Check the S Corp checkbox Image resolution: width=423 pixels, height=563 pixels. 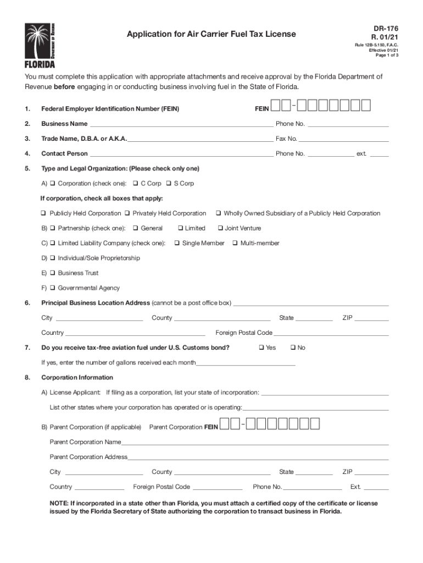pos(169,184)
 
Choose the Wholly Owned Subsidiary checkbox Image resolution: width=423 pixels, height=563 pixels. pos(218,213)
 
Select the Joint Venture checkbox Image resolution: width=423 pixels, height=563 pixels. pos(220,228)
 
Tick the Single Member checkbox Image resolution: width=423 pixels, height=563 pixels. pos(177,243)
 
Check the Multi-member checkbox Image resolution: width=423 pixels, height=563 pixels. pos(235,243)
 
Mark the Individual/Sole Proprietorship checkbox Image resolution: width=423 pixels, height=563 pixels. pos(52,258)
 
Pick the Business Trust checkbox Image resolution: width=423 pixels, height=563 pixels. pos(52,273)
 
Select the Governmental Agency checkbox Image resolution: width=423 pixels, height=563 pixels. pos(52,288)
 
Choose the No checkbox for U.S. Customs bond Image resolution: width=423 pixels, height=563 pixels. pos(292,347)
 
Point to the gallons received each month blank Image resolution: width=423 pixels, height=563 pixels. pos(246,364)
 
